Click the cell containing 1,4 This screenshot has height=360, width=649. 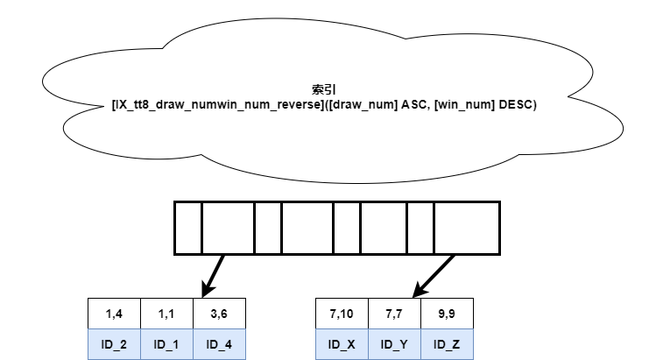click(115, 314)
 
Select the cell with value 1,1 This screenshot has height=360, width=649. click(166, 314)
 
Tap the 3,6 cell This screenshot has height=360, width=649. click(219, 314)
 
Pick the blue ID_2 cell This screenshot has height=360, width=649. click(115, 344)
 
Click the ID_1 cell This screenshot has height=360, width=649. click(166, 344)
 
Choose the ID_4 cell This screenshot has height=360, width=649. click(219, 344)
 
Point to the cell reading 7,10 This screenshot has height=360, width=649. click(342, 314)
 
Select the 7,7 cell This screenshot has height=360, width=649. click(394, 314)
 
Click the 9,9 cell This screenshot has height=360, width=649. click(447, 314)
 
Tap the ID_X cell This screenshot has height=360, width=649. click(342, 344)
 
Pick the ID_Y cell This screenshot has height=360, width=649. click(394, 344)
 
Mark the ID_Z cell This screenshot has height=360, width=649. click(447, 344)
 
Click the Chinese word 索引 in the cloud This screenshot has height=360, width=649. click(324, 89)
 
